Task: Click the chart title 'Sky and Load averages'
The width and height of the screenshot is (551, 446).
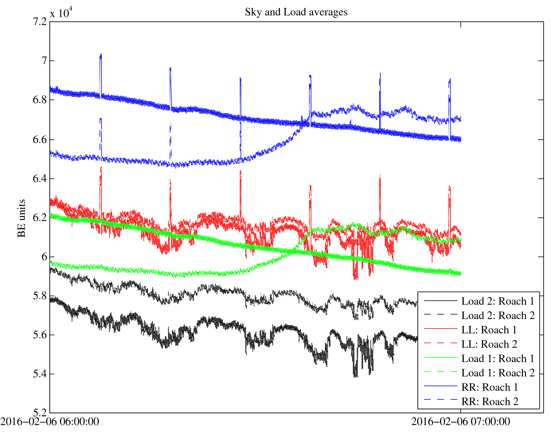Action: [x=296, y=12]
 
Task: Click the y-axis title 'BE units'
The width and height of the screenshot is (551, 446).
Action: [x=22, y=218]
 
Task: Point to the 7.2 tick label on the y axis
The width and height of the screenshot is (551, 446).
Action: [x=40, y=22]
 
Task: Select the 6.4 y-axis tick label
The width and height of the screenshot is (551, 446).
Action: [x=40, y=179]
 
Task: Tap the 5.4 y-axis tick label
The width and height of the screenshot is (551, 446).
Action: [x=40, y=374]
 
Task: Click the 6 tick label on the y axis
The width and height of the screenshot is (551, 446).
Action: [x=44, y=257]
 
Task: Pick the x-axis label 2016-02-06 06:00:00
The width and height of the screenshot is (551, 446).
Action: [x=50, y=422]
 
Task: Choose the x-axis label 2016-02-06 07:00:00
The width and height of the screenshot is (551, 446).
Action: [x=460, y=422]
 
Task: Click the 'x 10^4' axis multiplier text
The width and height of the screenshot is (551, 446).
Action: [x=61, y=13]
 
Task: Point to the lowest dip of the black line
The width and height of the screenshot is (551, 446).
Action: [x=355, y=376]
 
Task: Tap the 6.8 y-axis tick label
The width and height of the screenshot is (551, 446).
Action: [x=40, y=100]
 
